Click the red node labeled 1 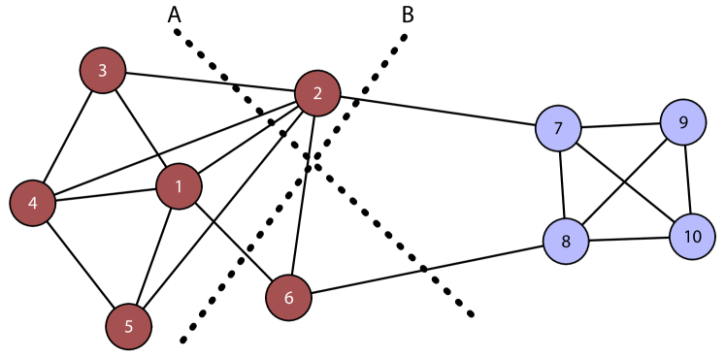(x=179, y=186)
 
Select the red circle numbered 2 (x=317, y=93)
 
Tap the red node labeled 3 (x=103, y=71)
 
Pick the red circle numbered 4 (x=32, y=203)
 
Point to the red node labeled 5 (x=129, y=326)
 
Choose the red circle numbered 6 (x=288, y=297)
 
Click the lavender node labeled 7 (x=558, y=128)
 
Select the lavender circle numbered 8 (x=566, y=241)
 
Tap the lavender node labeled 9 (x=683, y=122)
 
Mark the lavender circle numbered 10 (x=692, y=237)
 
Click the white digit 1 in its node (x=179, y=186)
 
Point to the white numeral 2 (x=317, y=94)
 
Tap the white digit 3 (x=103, y=71)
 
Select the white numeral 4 (x=32, y=204)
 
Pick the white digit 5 (x=129, y=327)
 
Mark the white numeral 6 (x=288, y=298)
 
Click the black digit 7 (x=558, y=129)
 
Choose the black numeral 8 (x=566, y=242)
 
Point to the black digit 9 (x=683, y=123)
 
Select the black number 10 (x=692, y=237)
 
